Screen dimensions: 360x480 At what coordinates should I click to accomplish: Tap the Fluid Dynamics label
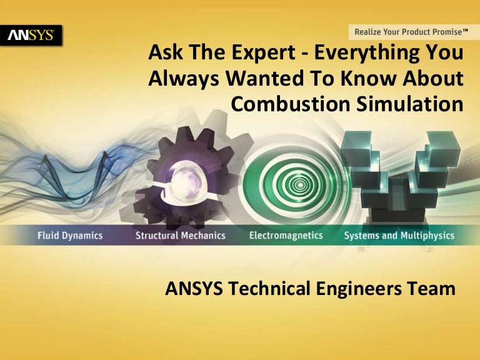click(x=69, y=236)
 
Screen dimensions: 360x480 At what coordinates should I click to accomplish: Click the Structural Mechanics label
click(x=180, y=236)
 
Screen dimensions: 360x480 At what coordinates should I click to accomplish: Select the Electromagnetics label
click(x=286, y=236)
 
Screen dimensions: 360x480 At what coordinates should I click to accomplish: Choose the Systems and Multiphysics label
click(x=399, y=236)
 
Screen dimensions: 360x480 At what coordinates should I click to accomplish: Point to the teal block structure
click(x=400, y=175)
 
